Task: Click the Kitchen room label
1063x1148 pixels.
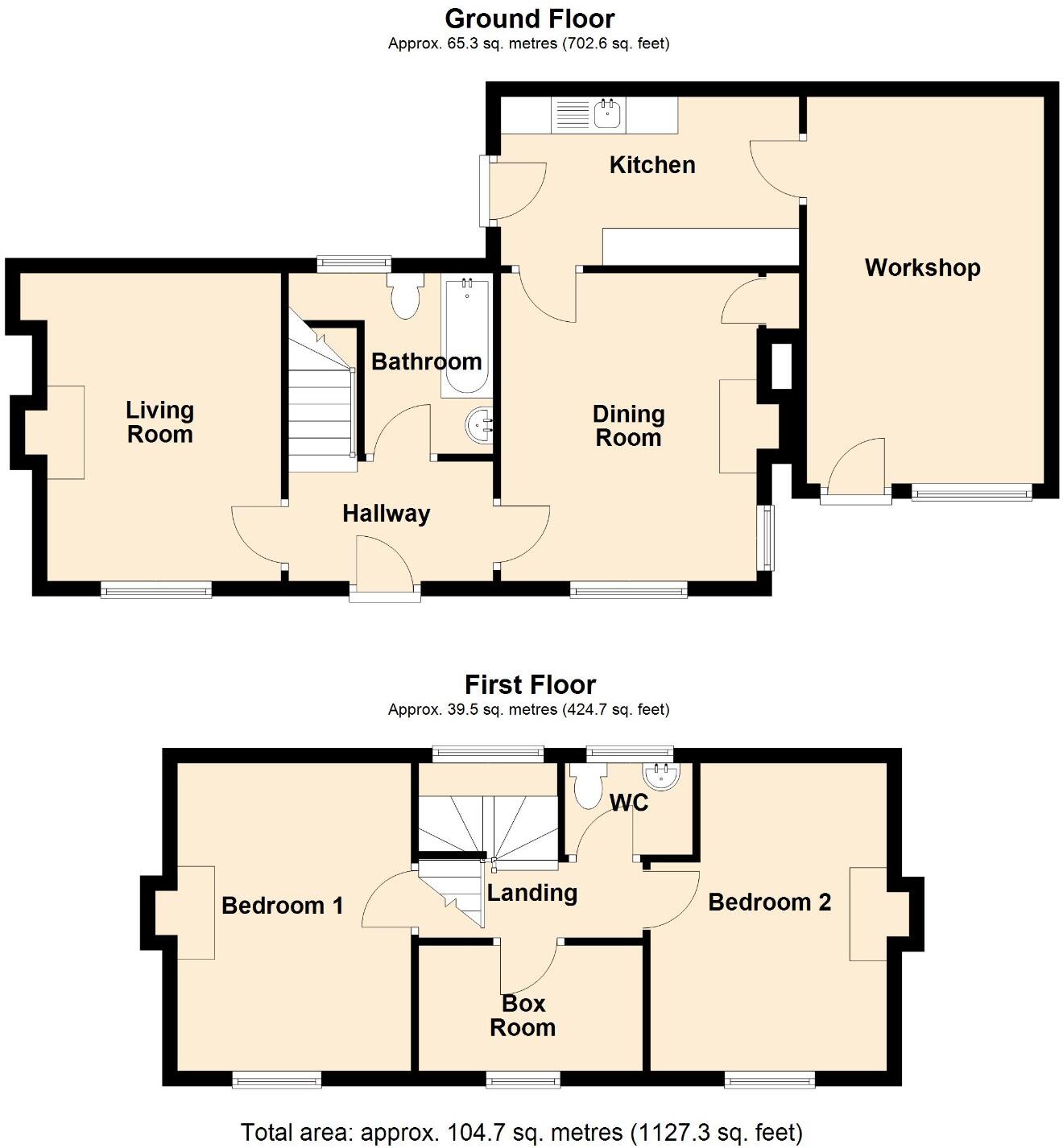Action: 651,165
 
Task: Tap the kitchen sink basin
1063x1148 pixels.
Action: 606,114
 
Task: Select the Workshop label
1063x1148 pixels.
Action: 922,268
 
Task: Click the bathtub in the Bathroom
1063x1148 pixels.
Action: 465,335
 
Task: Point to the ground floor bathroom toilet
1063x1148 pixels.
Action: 404,296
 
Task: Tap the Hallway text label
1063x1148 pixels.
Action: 386,514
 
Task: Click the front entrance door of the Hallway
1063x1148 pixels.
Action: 385,570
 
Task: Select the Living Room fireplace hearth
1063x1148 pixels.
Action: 65,432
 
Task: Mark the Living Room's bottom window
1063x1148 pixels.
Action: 156,591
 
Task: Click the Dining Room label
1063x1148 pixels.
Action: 628,426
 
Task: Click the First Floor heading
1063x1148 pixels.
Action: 530,685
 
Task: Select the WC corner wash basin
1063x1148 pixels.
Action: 662,775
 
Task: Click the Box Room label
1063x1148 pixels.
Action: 523,1016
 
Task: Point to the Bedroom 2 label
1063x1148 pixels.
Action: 769,902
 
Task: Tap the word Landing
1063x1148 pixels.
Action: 532,893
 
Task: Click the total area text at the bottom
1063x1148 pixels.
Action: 521,1133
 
